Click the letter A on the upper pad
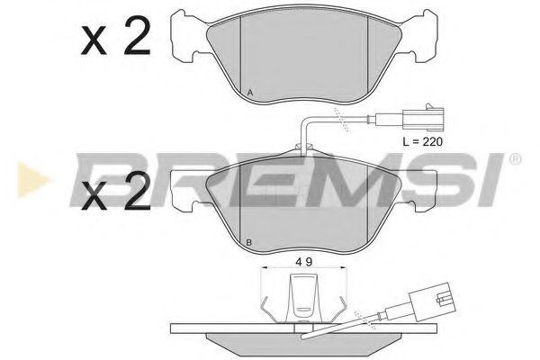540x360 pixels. click(249, 94)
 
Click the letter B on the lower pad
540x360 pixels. click(248, 243)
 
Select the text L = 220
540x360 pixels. click(421, 141)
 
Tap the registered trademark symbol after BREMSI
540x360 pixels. click(515, 159)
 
